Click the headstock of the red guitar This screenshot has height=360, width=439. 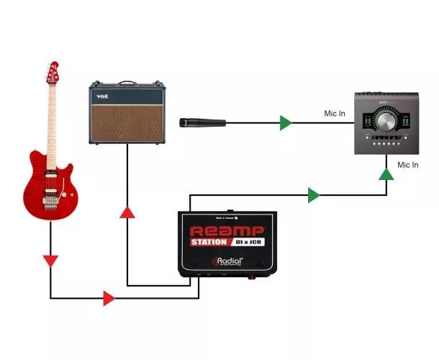[52, 73]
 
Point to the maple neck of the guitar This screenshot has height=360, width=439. [52, 115]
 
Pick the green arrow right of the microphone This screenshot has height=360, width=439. [286, 122]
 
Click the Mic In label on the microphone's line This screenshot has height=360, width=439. [335, 114]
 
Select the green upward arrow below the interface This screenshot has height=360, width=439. [386, 174]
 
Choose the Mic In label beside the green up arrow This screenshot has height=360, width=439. [408, 165]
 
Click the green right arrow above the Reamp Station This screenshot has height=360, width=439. [313, 194]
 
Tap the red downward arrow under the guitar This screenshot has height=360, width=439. [50, 260]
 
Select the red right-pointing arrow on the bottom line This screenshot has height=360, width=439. [109, 297]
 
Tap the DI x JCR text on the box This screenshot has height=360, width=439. [248, 242]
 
